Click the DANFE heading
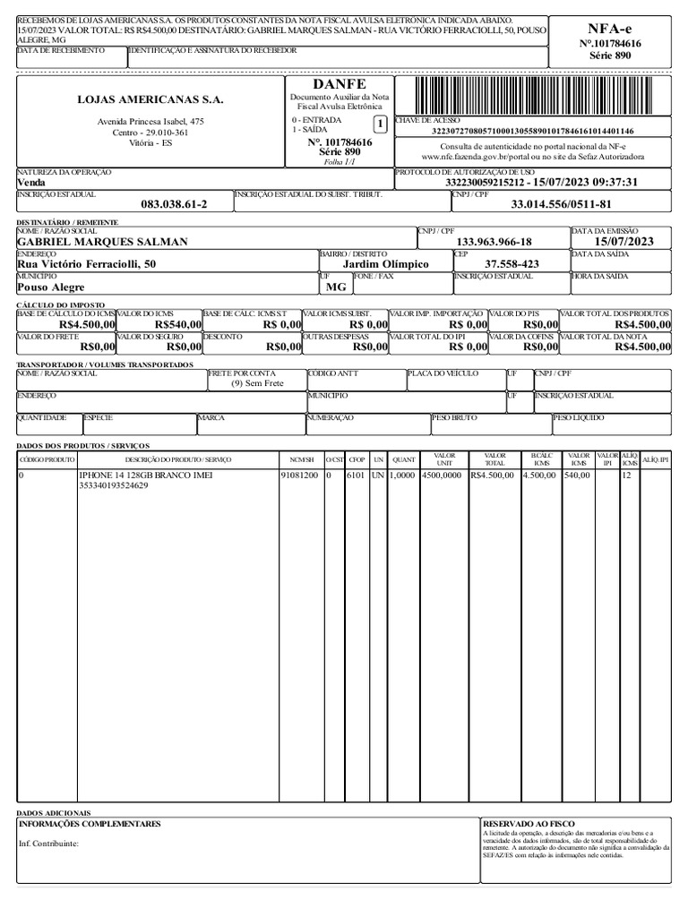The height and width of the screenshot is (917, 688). pyautogui.click(x=340, y=84)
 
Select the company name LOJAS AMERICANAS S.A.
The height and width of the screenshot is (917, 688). pyautogui.click(x=150, y=99)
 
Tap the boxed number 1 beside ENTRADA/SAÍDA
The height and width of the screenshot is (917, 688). pyautogui.click(x=380, y=124)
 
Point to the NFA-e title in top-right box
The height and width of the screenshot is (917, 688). pyautogui.click(x=609, y=29)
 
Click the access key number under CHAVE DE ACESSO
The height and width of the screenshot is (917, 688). pyautogui.click(x=532, y=131)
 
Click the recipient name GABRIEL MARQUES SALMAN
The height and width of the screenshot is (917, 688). pyautogui.click(x=103, y=242)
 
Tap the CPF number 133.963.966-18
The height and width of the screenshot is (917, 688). pyautogui.click(x=494, y=242)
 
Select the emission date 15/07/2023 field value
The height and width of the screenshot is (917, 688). pyautogui.click(x=624, y=242)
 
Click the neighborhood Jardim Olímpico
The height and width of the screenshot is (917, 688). pyautogui.click(x=386, y=264)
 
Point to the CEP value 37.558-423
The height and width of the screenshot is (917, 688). pyautogui.click(x=512, y=264)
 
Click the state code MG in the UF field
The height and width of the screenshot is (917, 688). pyautogui.click(x=336, y=287)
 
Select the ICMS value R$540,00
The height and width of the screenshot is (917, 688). pyautogui.click(x=178, y=324)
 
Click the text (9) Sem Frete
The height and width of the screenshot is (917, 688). pyautogui.click(x=257, y=382)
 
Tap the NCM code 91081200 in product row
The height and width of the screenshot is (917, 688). pyautogui.click(x=299, y=476)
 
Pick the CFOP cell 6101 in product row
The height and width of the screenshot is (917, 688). pyautogui.click(x=357, y=476)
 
